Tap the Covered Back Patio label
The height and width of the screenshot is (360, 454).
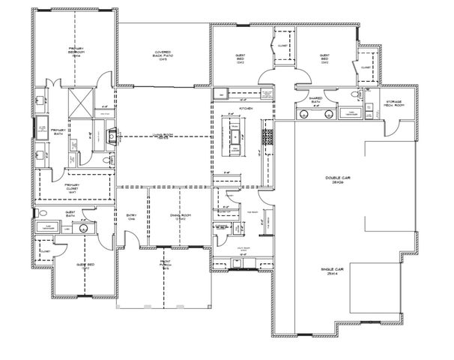162,54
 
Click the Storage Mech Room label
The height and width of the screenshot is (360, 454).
395,103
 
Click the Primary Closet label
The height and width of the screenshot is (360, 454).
73,190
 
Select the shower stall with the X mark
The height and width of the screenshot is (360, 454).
79,100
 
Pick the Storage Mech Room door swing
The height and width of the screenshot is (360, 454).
394,128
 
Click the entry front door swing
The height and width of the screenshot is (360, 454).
130,237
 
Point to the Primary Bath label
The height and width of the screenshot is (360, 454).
59,133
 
